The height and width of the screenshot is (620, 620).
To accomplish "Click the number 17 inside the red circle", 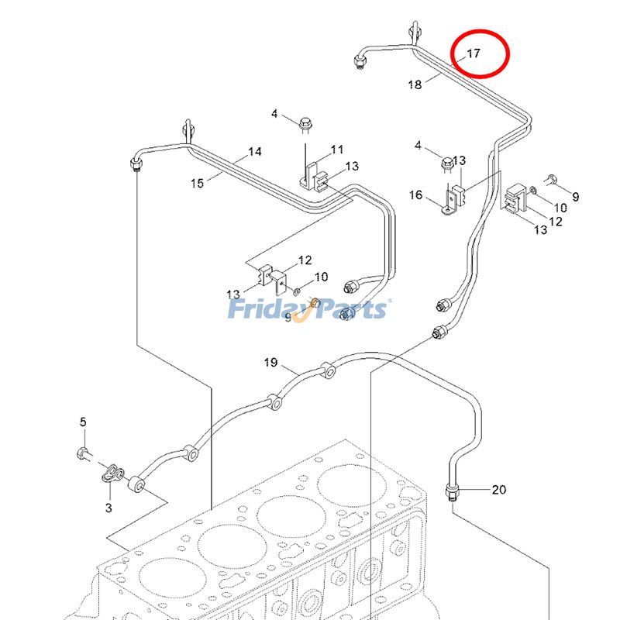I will tap(473, 54).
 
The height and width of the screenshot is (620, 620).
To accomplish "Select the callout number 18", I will tap(415, 84).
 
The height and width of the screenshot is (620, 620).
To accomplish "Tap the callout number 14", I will tap(255, 152).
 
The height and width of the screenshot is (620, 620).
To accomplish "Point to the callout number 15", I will tap(197, 183).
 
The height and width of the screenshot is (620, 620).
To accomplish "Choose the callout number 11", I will tap(336, 149).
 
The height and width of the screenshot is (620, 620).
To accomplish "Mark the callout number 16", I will tap(415, 195).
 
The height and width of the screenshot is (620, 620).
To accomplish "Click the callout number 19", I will tap(270, 362).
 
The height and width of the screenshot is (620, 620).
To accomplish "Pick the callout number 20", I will tap(498, 489).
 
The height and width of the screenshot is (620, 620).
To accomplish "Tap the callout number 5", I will tap(83, 422).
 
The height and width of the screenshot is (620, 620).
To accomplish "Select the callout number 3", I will tap(108, 508).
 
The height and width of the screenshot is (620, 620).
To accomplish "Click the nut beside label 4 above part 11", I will tap(305, 123).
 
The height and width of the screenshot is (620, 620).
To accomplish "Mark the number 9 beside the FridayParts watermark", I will tap(288, 318).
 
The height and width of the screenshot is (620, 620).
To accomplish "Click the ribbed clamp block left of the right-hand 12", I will tap(515, 199).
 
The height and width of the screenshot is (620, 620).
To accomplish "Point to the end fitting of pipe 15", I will tap(135, 164).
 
